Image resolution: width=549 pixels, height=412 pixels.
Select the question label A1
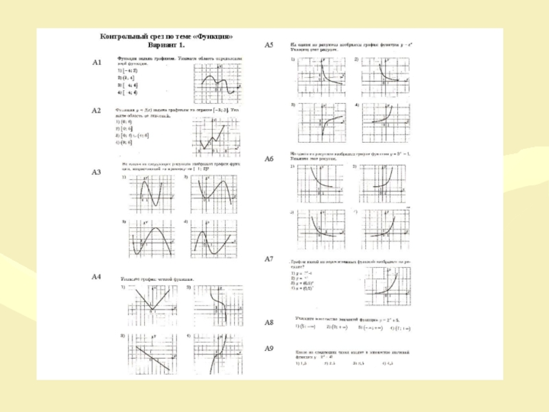97,62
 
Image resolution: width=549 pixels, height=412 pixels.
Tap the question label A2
97,111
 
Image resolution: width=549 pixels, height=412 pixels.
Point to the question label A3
97,172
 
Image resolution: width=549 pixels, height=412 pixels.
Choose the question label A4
97,276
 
